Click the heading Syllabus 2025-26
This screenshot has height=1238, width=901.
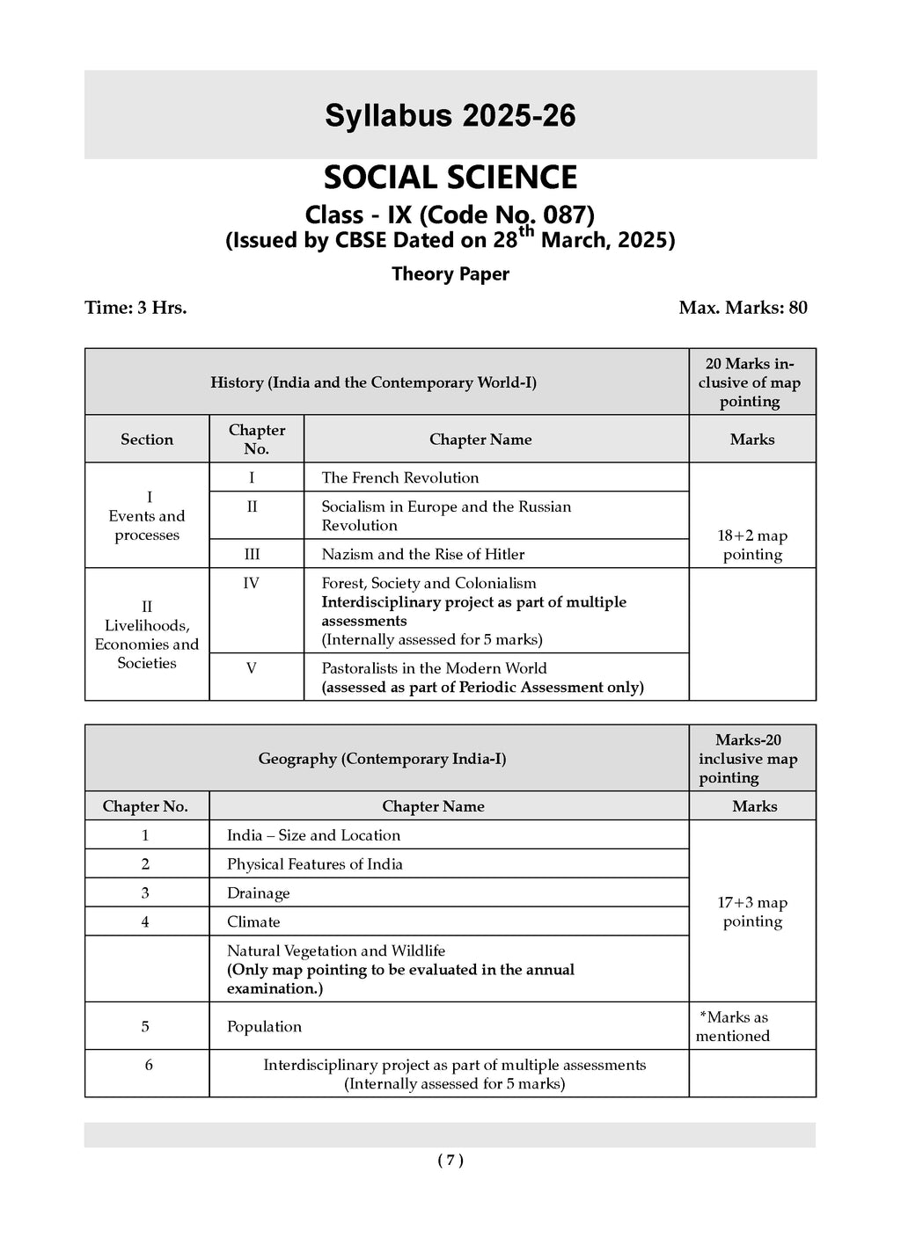(x=450, y=115)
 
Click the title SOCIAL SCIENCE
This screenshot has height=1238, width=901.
(x=450, y=178)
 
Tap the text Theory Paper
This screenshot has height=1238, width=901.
(x=450, y=274)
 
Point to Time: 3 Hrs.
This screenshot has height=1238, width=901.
(x=136, y=308)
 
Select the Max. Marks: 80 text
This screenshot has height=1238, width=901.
(x=743, y=308)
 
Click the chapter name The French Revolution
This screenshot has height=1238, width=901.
(x=400, y=478)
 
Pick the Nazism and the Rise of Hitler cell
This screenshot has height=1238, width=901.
(x=422, y=555)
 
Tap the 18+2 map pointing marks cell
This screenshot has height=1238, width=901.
(x=752, y=545)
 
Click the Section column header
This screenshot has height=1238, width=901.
(x=147, y=440)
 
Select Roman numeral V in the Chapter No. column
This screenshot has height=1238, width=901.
(x=252, y=668)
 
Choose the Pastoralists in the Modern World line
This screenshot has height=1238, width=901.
(x=434, y=668)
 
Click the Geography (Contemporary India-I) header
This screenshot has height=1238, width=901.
(x=382, y=759)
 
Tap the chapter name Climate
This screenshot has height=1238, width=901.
(x=253, y=922)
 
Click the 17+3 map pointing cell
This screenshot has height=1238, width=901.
(x=752, y=912)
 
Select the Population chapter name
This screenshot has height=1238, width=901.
(x=264, y=1027)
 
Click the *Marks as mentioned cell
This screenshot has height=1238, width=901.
(x=733, y=1027)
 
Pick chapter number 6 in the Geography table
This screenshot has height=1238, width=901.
(x=149, y=1066)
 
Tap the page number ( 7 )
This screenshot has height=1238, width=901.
(x=450, y=1161)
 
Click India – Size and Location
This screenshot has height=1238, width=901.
(x=313, y=836)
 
